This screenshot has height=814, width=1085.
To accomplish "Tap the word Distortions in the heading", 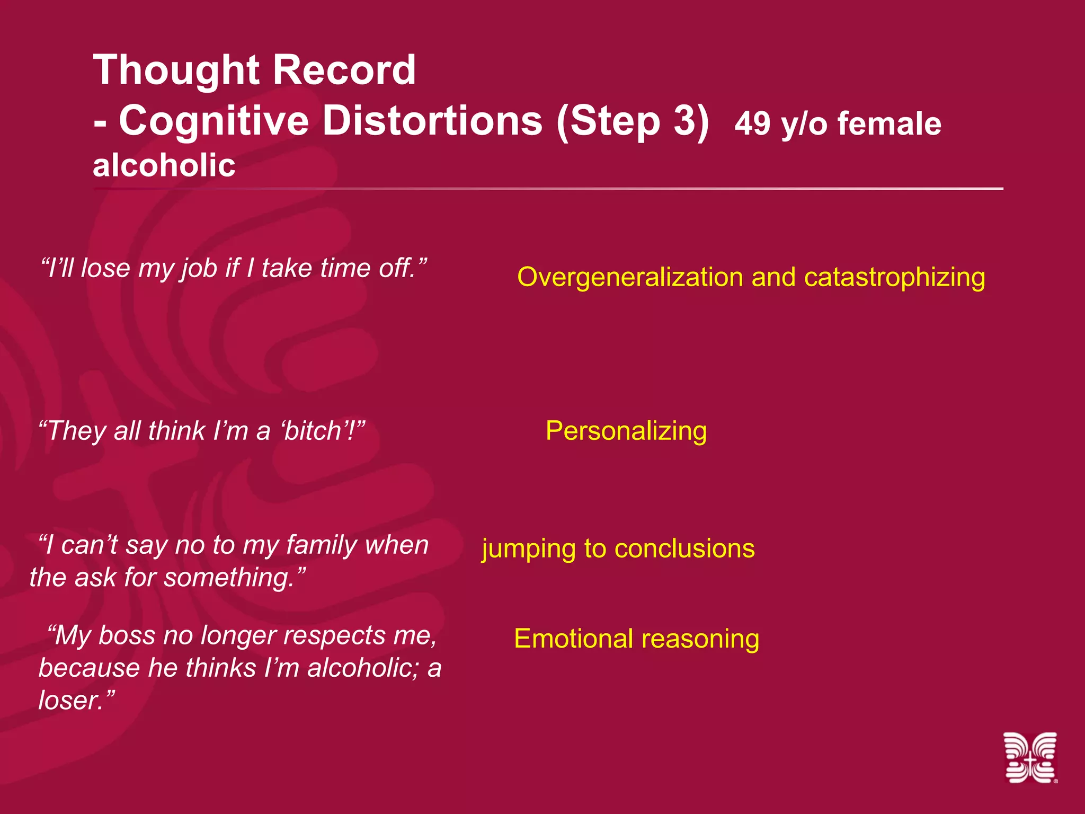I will [x=432, y=120].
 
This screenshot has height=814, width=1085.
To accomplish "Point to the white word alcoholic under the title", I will [x=164, y=165].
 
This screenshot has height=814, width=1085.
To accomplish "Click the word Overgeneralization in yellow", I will [x=630, y=277].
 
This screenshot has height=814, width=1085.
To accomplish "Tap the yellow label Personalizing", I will [x=626, y=431].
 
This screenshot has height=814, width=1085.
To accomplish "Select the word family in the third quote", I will [x=321, y=545].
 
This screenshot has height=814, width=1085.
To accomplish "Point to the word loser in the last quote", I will [x=69, y=700].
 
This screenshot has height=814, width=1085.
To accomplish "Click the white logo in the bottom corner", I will [x=1030, y=757].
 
